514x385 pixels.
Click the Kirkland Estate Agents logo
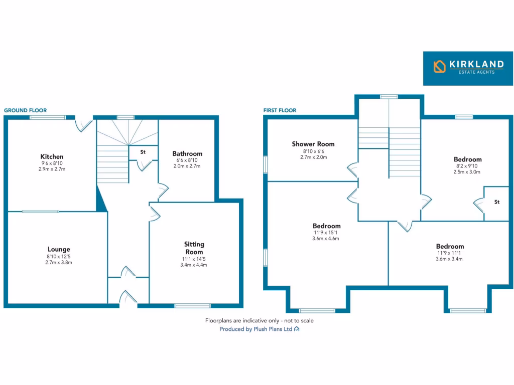pyautogui.click(x=468, y=68)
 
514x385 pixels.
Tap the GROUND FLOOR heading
pyautogui.click(x=25, y=110)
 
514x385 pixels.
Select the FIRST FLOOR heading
pyautogui.click(x=280, y=110)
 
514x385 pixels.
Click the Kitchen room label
pyautogui.click(x=52, y=157)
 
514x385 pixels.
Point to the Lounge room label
pyautogui.click(x=59, y=249)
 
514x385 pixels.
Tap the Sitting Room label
pyautogui.click(x=194, y=248)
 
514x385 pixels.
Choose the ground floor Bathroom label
pyautogui.click(x=187, y=154)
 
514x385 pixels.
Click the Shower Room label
pyautogui.click(x=313, y=144)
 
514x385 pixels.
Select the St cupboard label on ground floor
pyautogui.click(x=143, y=151)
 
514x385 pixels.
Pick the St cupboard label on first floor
pyautogui.click(x=497, y=202)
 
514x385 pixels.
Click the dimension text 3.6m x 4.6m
pyautogui.click(x=326, y=239)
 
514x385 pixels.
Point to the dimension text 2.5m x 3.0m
pyautogui.click(x=467, y=172)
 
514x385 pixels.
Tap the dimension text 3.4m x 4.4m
pyautogui.click(x=194, y=265)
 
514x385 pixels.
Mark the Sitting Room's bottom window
pyautogui.click(x=192, y=305)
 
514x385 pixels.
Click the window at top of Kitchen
pyautogui.click(x=47, y=118)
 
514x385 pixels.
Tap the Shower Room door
pyautogui.click(x=353, y=170)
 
